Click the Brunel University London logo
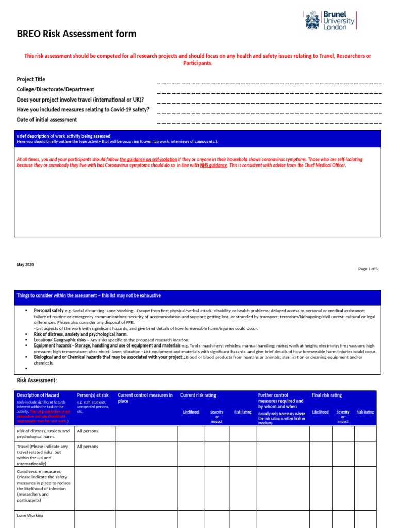coord(330,21)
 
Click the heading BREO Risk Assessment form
coord(77,34)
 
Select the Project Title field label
coord(31,79)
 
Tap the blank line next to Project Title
coord(268,82)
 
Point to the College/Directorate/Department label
coord(56,89)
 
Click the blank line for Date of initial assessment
coord(268,123)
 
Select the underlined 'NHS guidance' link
coord(213,166)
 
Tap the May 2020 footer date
coord(25,265)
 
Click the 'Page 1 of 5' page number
coord(368,269)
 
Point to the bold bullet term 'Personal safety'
coord(48,311)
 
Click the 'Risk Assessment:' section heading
coord(37,380)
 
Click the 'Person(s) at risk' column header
coord(93,395)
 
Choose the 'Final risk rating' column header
coord(327,395)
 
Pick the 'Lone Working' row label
coord(30,515)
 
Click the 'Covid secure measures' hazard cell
coord(43,486)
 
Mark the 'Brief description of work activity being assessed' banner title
coord(63,136)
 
